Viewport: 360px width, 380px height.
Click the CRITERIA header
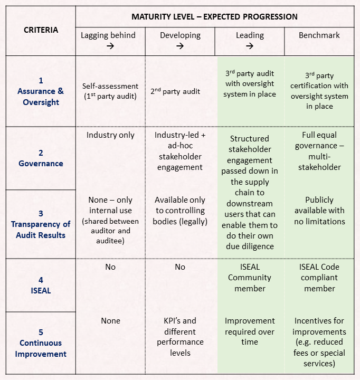(x=41, y=30)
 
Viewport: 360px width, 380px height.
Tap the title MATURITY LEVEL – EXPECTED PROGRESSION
(x=214, y=17)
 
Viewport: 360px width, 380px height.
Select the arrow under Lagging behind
(x=110, y=46)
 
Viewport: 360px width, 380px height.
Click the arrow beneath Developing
(x=180, y=46)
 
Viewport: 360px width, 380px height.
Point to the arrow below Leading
(x=250, y=46)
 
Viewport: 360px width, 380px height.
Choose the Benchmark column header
(x=319, y=35)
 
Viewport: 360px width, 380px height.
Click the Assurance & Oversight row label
(x=41, y=91)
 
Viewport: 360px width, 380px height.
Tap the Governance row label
(x=41, y=158)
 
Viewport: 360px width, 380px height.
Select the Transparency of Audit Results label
(x=41, y=224)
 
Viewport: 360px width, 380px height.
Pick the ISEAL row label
(x=41, y=285)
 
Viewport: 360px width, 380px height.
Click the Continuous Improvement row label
(x=41, y=343)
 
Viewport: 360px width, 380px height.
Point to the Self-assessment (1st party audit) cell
(x=110, y=91)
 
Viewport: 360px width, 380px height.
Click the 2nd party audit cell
(x=175, y=91)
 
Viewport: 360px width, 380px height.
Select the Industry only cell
(x=110, y=135)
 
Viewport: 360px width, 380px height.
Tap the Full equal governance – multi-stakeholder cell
(x=319, y=151)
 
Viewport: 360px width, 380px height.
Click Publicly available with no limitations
(x=319, y=211)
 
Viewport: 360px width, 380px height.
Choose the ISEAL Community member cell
(x=250, y=278)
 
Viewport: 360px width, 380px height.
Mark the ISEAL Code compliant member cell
(x=319, y=278)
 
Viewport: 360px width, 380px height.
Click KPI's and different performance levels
(x=180, y=337)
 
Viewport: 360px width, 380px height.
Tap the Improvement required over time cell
(x=250, y=331)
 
